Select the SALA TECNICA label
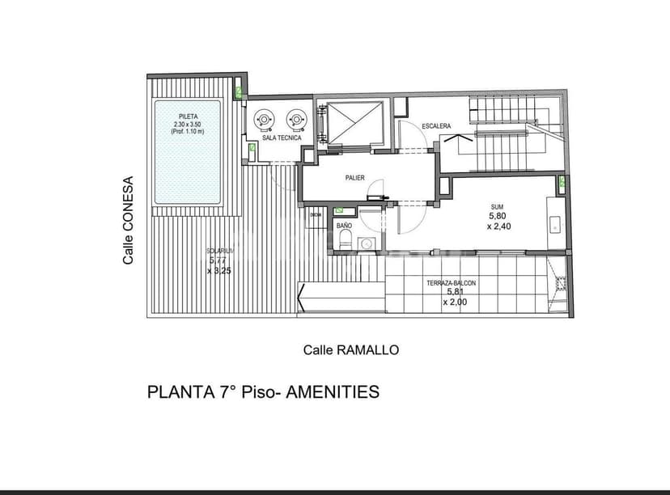click(x=282, y=138)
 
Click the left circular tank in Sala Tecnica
click(x=265, y=120)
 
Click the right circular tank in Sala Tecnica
click(x=296, y=120)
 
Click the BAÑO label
click(x=344, y=226)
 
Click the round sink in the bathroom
click(x=367, y=242)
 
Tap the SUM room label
click(x=496, y=207)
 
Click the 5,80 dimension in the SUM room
click(x=496, y=217)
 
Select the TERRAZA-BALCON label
click(x=451, y=283)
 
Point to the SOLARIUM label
click(x=220, y=252)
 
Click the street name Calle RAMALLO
click(x=351, y=350)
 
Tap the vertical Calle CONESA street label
click(x=128, y=221)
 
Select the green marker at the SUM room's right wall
click(x=562, y=182)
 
